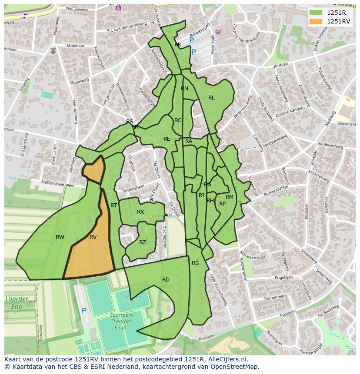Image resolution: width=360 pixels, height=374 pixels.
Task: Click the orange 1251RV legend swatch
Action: pos(317,21)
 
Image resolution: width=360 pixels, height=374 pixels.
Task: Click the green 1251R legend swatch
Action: pos(317,13)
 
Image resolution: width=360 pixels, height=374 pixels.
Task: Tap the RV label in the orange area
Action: pos(93,237)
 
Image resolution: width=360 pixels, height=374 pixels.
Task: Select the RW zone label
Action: pos(60,237)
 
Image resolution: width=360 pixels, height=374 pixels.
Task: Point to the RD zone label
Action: pos(166,280)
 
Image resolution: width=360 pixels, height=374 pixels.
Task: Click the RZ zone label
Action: pos(143,242)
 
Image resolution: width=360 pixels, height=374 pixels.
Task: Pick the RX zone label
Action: pos(140,212)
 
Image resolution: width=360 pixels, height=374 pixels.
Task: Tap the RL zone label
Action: pos(211,98)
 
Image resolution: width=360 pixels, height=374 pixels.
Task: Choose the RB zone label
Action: pos(195,263)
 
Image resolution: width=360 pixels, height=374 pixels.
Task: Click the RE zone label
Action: pos(167,139)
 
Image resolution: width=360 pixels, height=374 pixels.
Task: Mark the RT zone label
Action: pos(113,205)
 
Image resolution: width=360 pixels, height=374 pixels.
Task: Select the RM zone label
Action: pos(230,197)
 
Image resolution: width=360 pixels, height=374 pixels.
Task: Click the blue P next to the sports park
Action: pos(84,311)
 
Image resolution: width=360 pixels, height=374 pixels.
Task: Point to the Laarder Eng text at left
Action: pos(17,303)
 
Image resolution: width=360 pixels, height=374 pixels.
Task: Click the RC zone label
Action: pos(178,120)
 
